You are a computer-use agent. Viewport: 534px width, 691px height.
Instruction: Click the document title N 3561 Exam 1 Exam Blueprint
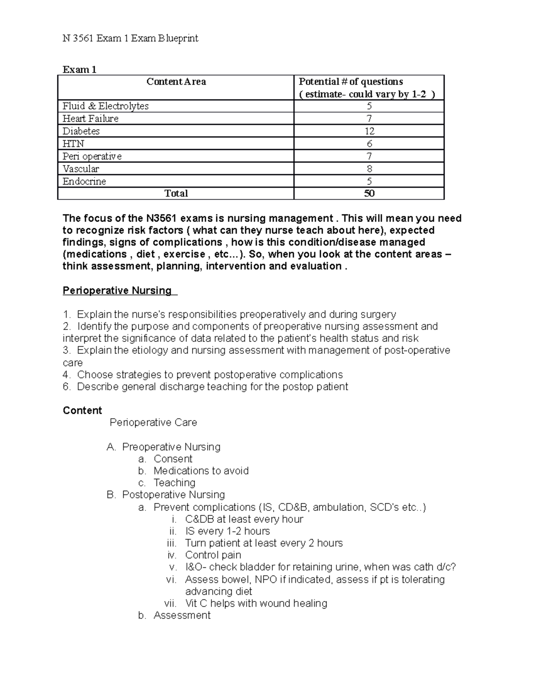(130, 38)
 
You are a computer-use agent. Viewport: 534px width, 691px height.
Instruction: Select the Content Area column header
(176, 82)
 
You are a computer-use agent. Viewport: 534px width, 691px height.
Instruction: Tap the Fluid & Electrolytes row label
(105, 106)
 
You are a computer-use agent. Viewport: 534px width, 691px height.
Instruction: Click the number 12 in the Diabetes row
(369, 131)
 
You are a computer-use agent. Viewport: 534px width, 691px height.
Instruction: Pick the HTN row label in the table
(73, 144)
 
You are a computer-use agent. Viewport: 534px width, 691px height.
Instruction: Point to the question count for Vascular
(369, 169)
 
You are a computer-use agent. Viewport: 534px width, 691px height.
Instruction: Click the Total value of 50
(369, 194)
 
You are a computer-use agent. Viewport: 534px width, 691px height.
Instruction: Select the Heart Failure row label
(90, 119)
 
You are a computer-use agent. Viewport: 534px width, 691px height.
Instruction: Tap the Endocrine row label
(84, 182)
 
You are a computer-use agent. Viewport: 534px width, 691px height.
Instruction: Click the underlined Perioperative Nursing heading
(117, 291)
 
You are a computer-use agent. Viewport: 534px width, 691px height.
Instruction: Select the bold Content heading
(82, 410)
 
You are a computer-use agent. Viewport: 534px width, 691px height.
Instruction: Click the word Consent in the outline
(173, 459)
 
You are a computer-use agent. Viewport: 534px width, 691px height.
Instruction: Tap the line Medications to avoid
(201, 471)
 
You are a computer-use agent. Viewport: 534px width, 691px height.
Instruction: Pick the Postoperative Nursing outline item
(173, 495)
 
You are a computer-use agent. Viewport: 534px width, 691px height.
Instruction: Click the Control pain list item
(213, 555)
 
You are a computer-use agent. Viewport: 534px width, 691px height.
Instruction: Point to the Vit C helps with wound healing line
(256, 603)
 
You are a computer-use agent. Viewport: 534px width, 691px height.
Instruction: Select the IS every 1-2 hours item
(227, 531)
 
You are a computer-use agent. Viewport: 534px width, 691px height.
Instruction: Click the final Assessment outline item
(182, 615)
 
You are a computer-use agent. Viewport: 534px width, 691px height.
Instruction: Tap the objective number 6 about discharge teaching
(205, 387)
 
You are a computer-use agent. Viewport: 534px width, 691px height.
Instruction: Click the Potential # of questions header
(351, 82)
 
